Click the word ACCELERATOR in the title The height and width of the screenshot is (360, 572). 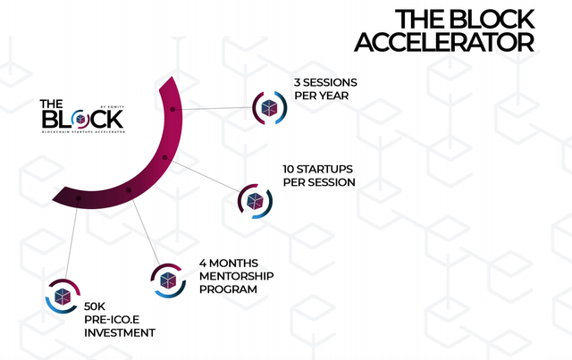click(x=445, y=42)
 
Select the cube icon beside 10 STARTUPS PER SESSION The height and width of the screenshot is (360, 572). click(x=255, y=199)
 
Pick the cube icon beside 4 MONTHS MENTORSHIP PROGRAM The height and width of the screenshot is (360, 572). click(x=168, y=278)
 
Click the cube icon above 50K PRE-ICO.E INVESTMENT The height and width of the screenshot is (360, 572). click(x=63, y=295)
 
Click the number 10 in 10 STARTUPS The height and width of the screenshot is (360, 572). click(x=289, y=168)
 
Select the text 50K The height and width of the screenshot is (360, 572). click(x=82, y=306)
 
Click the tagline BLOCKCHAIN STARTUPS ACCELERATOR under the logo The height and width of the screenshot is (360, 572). click(x=83, y=131)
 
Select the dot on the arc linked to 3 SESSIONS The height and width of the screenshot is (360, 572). click(x=172, y=109)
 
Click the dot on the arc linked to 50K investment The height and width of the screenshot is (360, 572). click(x=80, y=197)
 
